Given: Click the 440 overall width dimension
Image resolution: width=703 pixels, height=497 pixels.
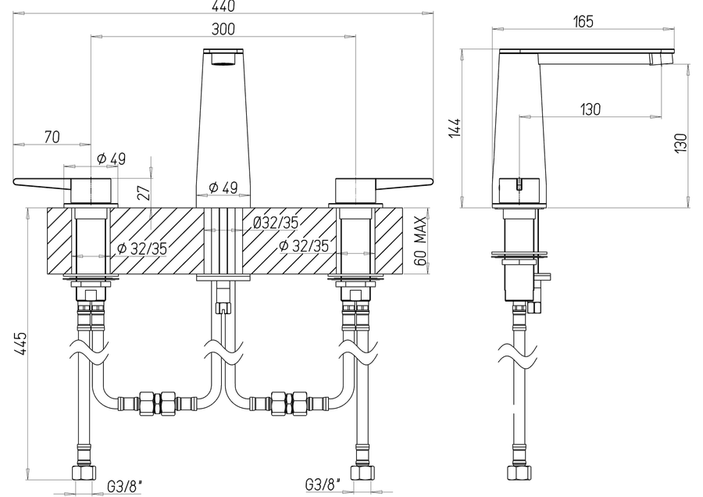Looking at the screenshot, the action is coord(223,6).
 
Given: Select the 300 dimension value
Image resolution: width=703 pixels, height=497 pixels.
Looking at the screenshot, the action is coord(223,29).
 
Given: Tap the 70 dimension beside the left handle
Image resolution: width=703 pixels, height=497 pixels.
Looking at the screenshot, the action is coord(52,137).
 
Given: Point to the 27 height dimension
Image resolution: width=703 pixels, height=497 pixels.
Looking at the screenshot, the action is coord(144,191).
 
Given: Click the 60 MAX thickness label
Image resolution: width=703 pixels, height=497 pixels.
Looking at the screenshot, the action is coord(420,241).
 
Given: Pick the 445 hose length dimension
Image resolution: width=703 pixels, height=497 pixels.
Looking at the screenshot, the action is coord(20,344).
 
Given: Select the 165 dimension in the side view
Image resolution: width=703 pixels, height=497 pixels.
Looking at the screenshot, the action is coord(583,21).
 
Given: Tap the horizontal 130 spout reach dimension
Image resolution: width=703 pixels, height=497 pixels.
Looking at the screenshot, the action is coord(590,109).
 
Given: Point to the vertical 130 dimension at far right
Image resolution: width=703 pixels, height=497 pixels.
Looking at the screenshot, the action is coord(680,143).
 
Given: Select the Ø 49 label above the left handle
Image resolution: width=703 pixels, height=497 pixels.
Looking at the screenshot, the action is coord(111,159).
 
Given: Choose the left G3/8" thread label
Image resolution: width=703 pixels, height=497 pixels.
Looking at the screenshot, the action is coord(125,486).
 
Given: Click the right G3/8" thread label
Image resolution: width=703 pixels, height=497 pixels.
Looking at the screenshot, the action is coord(323,484).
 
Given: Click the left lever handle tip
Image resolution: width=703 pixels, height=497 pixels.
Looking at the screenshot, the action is coord(16,181).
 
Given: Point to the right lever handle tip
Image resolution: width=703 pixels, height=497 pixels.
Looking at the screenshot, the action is coord(431,181).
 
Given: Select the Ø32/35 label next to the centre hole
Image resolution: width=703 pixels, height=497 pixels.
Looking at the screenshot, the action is coord(276,223).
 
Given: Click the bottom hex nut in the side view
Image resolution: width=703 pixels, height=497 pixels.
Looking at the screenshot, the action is coord(519,473).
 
